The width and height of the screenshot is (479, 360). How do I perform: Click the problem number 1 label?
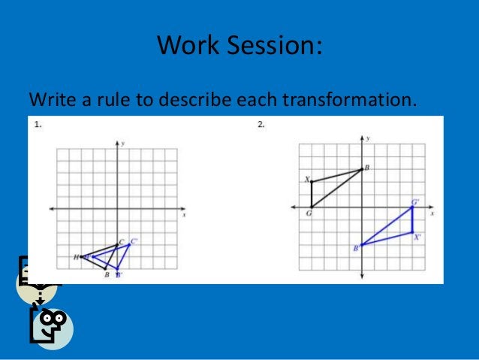38,126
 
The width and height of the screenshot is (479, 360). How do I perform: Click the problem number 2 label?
261,126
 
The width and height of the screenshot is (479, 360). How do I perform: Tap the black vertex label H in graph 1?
76,257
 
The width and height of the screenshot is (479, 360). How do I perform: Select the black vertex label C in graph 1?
122,242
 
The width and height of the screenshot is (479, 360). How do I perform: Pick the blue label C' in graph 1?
134,241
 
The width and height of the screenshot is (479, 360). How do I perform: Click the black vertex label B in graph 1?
107,275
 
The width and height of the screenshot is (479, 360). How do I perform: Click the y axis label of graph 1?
123,142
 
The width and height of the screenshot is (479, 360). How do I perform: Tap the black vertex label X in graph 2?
307,180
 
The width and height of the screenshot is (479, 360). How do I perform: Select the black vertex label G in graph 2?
308,214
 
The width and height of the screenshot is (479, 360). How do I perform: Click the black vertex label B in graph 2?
366,168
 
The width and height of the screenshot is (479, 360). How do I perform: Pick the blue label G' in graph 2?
415,202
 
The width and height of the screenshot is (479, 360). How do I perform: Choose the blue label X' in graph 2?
417,236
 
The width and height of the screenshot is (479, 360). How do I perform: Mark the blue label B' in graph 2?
356,247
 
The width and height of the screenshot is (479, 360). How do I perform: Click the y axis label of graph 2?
368,139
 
